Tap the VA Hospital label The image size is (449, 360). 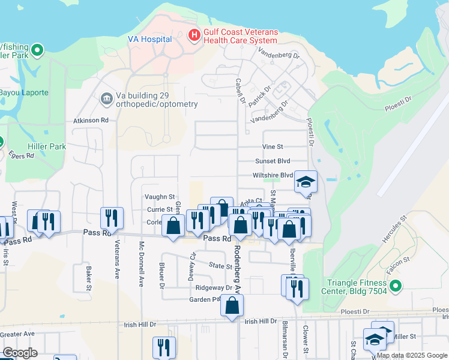tap(150, 39)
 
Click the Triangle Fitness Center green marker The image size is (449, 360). tap(395, 288)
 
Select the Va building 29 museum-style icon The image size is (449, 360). tap(107, 98)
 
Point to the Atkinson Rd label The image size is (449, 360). tap(91, 120)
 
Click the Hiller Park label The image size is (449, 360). tap(47, 146)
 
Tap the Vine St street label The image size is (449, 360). tap(272, 146)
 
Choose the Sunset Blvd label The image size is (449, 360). tap(272, 161)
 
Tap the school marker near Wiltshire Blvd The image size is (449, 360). tap(306, 181)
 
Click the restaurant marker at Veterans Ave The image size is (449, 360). tap(112, 218)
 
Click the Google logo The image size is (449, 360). tap(20, 353)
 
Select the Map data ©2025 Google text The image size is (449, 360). tap(412, 355)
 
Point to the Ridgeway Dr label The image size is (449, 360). tap(209, 288)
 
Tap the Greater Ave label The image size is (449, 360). tap(17, 334)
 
